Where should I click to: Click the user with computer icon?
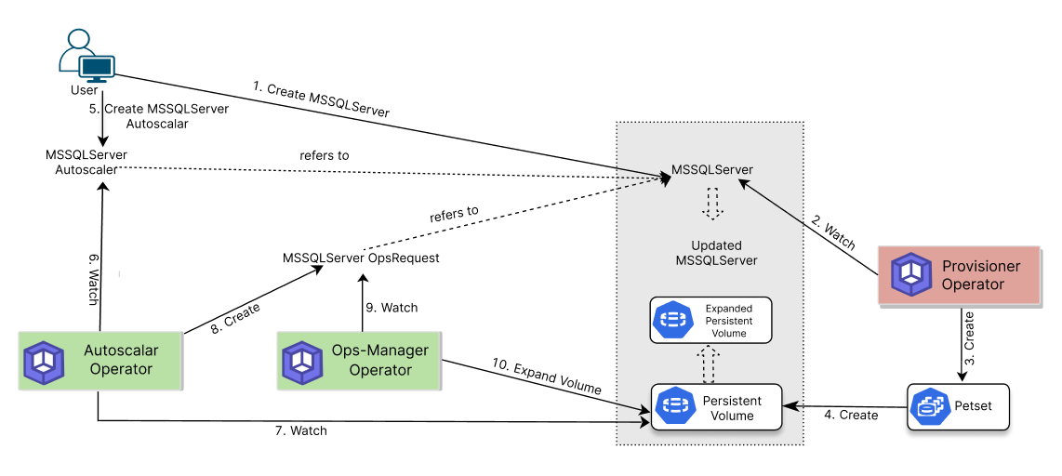86,56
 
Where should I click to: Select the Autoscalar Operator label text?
121,361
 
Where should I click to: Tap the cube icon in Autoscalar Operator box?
43,362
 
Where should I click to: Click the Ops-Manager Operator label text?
380,361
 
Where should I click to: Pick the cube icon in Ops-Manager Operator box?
302,362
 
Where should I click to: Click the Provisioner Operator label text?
980,275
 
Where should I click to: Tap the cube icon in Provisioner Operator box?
911,275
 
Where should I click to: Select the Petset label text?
973,406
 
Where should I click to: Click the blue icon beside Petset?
929,406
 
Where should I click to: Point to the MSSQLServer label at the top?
712,170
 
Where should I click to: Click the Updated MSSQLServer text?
716,253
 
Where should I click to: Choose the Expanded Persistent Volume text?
728,321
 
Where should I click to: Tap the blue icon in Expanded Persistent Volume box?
672,321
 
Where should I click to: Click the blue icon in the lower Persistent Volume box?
675,407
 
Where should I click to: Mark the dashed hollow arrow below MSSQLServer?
712,204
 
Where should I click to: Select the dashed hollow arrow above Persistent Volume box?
709,364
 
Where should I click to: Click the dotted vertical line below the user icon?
103,119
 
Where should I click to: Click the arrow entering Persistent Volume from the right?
793,405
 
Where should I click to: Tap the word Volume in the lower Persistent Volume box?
732,416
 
